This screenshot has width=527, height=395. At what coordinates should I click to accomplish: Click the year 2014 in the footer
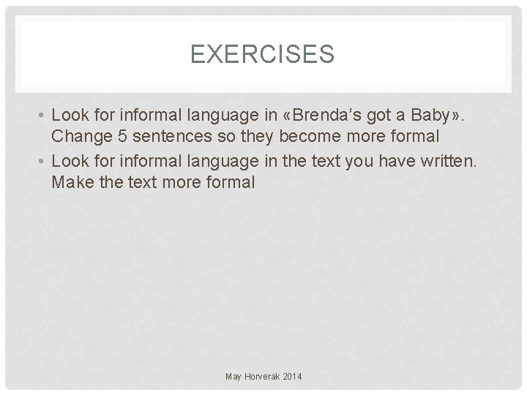[291, 376]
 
